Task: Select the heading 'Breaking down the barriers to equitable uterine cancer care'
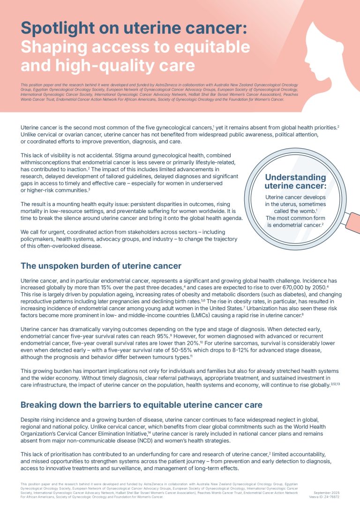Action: (x=141, y=404)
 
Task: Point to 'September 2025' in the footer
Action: (x=326, y=493)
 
